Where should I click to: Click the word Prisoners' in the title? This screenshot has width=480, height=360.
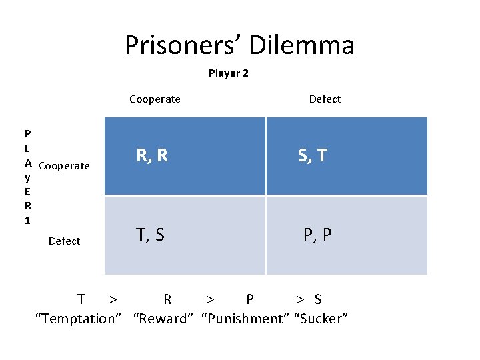coord(183,45)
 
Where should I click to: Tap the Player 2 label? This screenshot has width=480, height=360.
coord(228,73)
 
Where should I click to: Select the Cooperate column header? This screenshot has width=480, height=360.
coord(155,99)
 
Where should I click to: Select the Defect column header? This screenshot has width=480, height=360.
coord(325,99)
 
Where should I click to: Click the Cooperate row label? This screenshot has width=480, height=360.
coord(64,166)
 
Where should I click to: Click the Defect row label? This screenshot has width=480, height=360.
coord(64,241)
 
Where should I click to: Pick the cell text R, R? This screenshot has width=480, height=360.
coord(152,155)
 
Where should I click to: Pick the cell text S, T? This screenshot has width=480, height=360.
coord(312,155)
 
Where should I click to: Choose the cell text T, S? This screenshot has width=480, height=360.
coord(150,234)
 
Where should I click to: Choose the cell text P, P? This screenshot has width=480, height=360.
coord(317,235)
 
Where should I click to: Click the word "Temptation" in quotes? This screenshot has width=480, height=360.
coord(79,319)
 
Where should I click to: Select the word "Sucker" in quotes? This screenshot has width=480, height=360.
coord(321,319)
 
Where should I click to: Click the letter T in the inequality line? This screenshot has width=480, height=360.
coord(81,299)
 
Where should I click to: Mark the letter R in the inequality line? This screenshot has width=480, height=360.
coord(167,299)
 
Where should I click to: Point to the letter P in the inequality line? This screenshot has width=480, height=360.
coord(250,299)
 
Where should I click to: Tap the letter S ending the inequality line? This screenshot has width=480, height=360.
coord(318,299)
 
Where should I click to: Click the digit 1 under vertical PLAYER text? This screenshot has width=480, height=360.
coord(27,219)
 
